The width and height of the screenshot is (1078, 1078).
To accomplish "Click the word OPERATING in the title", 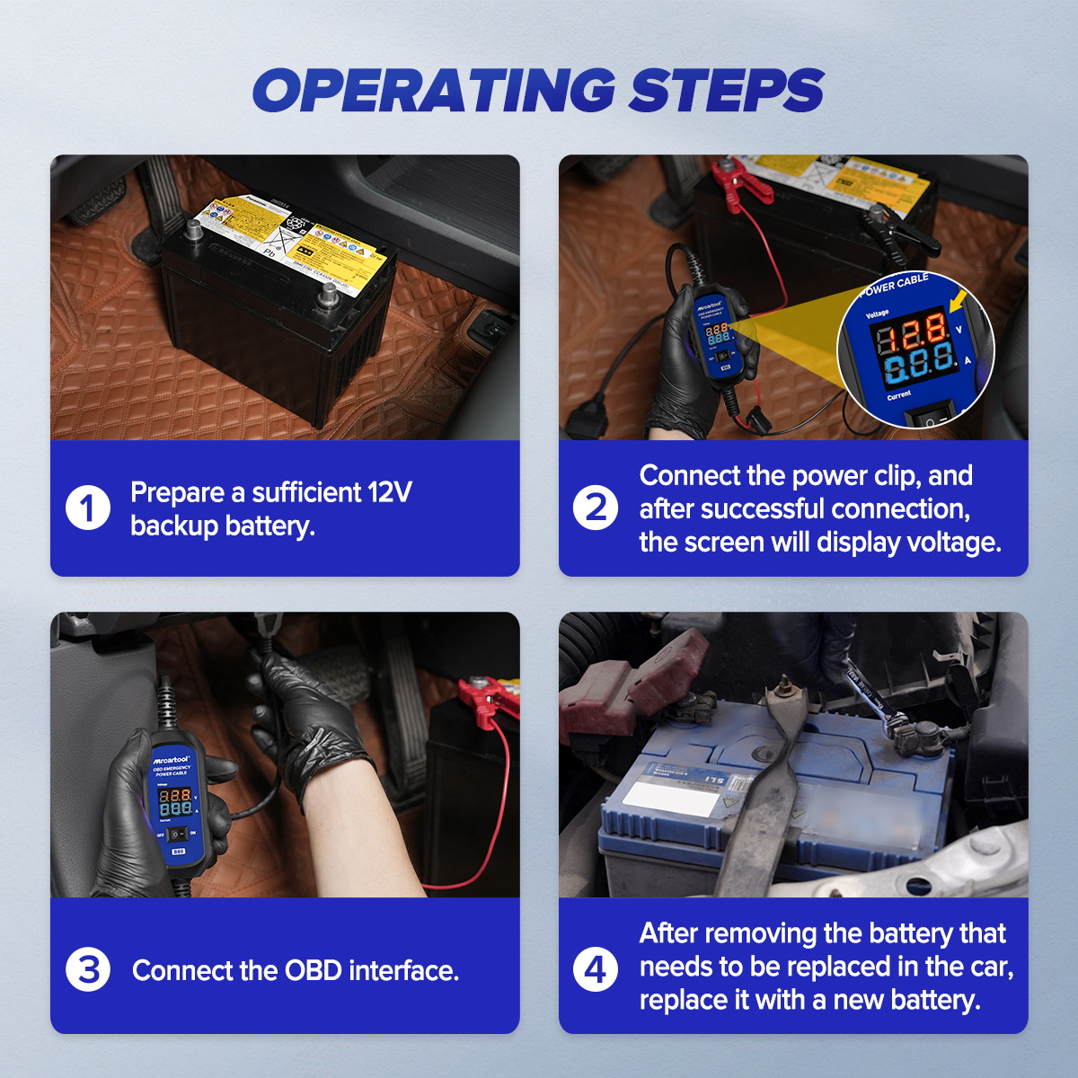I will point(433,90).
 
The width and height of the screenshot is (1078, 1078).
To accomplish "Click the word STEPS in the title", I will point(726,90).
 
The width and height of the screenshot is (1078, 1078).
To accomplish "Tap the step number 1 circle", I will point(88,508).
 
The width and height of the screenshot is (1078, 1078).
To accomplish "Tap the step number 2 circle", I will point(596,508).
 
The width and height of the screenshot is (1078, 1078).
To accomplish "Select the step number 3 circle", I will point(88,970).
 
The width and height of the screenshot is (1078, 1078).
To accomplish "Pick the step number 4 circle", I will point(596,970).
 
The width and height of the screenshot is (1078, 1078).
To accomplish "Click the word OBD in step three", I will point(313,971).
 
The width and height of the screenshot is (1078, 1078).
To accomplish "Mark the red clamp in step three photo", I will point(485,701).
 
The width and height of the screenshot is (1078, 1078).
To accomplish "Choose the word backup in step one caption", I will point(174,526).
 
